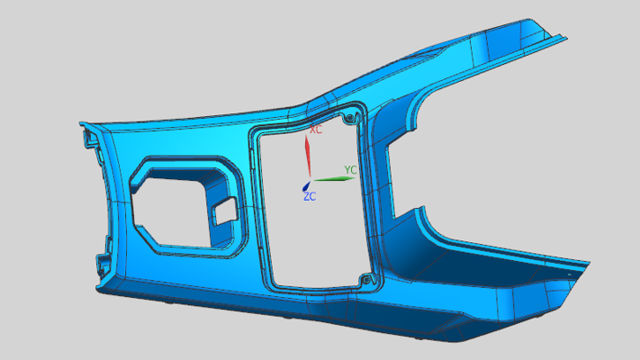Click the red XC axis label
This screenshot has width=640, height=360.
point(316,130)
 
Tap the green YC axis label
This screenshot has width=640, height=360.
point(351,170)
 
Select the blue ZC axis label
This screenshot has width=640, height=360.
point(310,197)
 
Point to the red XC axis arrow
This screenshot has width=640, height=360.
point(308,156)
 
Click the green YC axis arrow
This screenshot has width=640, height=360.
point(335,179)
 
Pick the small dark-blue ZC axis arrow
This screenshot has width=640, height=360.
point(306,186)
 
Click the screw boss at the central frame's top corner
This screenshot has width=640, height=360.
point(350,119)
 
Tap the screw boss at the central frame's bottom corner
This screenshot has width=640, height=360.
point(366,280)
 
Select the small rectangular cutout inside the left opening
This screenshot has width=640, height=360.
point(225,211)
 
